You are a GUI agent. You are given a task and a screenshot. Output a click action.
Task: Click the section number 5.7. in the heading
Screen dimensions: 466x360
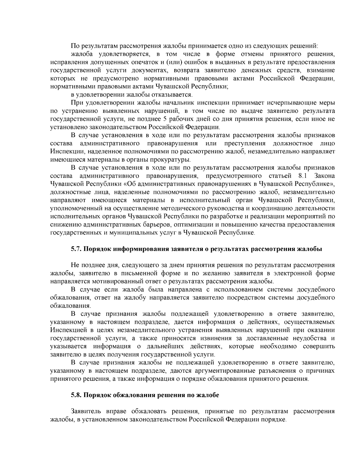(76, 249)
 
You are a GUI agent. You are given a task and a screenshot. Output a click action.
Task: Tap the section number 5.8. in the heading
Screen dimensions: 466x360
(76, 395)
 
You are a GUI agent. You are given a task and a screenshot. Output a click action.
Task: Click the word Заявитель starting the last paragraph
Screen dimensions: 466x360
(85, 411)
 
